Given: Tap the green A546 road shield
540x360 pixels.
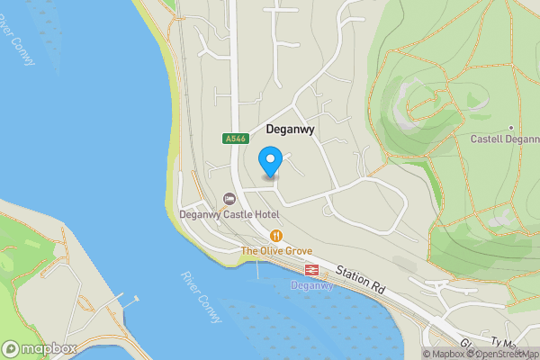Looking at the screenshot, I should (x=235, y=139).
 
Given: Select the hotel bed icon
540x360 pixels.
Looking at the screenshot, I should (x=230, y=198).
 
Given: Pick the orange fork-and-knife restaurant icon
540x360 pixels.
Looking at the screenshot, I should (x=276, y=235).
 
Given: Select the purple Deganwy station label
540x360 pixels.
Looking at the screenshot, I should (x=312, y=285).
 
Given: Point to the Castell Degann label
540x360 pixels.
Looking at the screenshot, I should (x=504, y=139).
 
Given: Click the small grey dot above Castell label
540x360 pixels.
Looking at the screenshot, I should (x=510, y=127).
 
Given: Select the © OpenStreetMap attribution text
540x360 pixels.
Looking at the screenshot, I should (x=504, y=354).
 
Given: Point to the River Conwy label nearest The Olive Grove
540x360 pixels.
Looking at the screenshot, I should (x=195, y=292).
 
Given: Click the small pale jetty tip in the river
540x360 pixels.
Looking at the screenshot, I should (x=137, y=298).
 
